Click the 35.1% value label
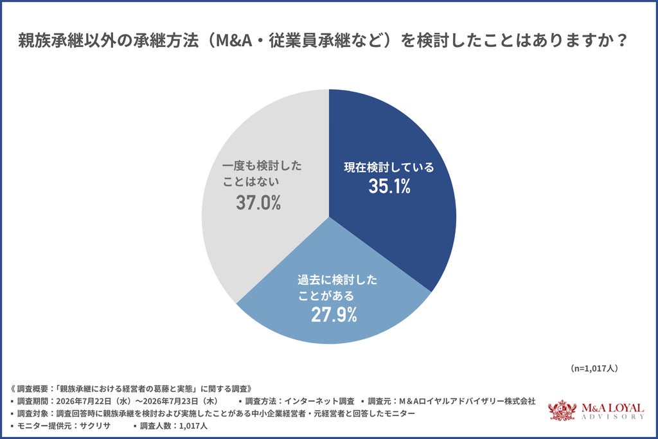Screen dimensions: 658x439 pyautogui.click(x=389, y=186)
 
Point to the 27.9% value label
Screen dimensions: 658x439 pyautogui.click(x=334, y=315)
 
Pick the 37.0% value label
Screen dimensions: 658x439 pyautogui.click(x=258, y=202)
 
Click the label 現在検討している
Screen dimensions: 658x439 pyautogui.click(x=389, y=167)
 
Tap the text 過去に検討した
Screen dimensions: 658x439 pyautogui.click(x=337, y=280)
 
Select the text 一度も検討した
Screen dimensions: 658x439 pyautogui.click(x=262, y=166)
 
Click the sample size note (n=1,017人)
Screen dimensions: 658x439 pyautogui.click(x=594, y=368)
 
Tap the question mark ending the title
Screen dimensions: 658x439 pyautogui.click(x=622, y=40)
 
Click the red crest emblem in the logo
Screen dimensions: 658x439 pyautogui.click(x=562, y=410)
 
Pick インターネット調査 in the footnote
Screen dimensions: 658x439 pyautogui.click(x=319, y=401)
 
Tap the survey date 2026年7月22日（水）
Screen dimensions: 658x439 pyautogui.click(x=94, y=401)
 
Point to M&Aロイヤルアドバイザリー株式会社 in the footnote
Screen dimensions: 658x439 pyautogui.click(x=467, y=401)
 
